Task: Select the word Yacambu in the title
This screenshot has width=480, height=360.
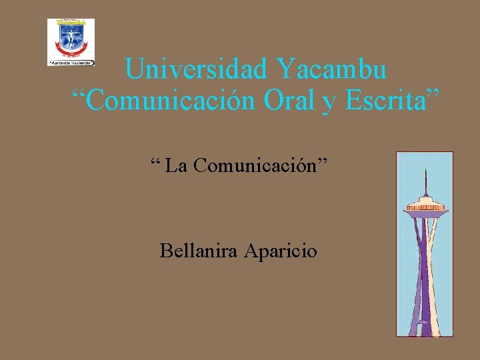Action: [x=331, y=69]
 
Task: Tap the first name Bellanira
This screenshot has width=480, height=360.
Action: [x=199, y=251]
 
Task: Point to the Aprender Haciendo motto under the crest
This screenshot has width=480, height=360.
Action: [x=71, y=62]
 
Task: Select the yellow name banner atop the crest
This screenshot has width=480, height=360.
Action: [x=71, y=22]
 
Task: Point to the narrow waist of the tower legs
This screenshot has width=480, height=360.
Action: [x=425, y=267]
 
